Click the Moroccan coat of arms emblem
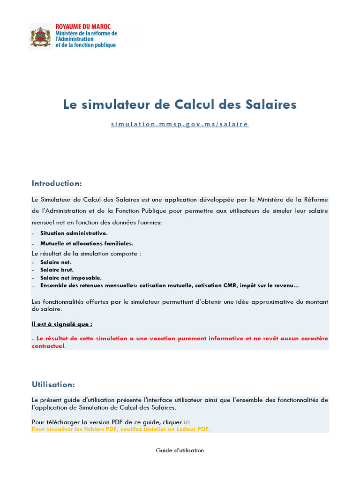[x=40, y=36]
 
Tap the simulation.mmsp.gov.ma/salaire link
[x=180, y=124]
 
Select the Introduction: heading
[x=57, y=183]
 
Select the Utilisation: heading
[x=53, y=384]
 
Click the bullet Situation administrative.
[x=74, y=233]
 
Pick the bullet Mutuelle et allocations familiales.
[x=87, y=243]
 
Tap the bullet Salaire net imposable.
[x=71, y=277]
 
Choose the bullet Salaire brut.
[x=57, y=270]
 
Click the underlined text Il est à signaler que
[x=62, y=324]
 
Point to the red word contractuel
[x=48, y=346]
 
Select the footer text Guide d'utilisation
[x=180, y=450]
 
